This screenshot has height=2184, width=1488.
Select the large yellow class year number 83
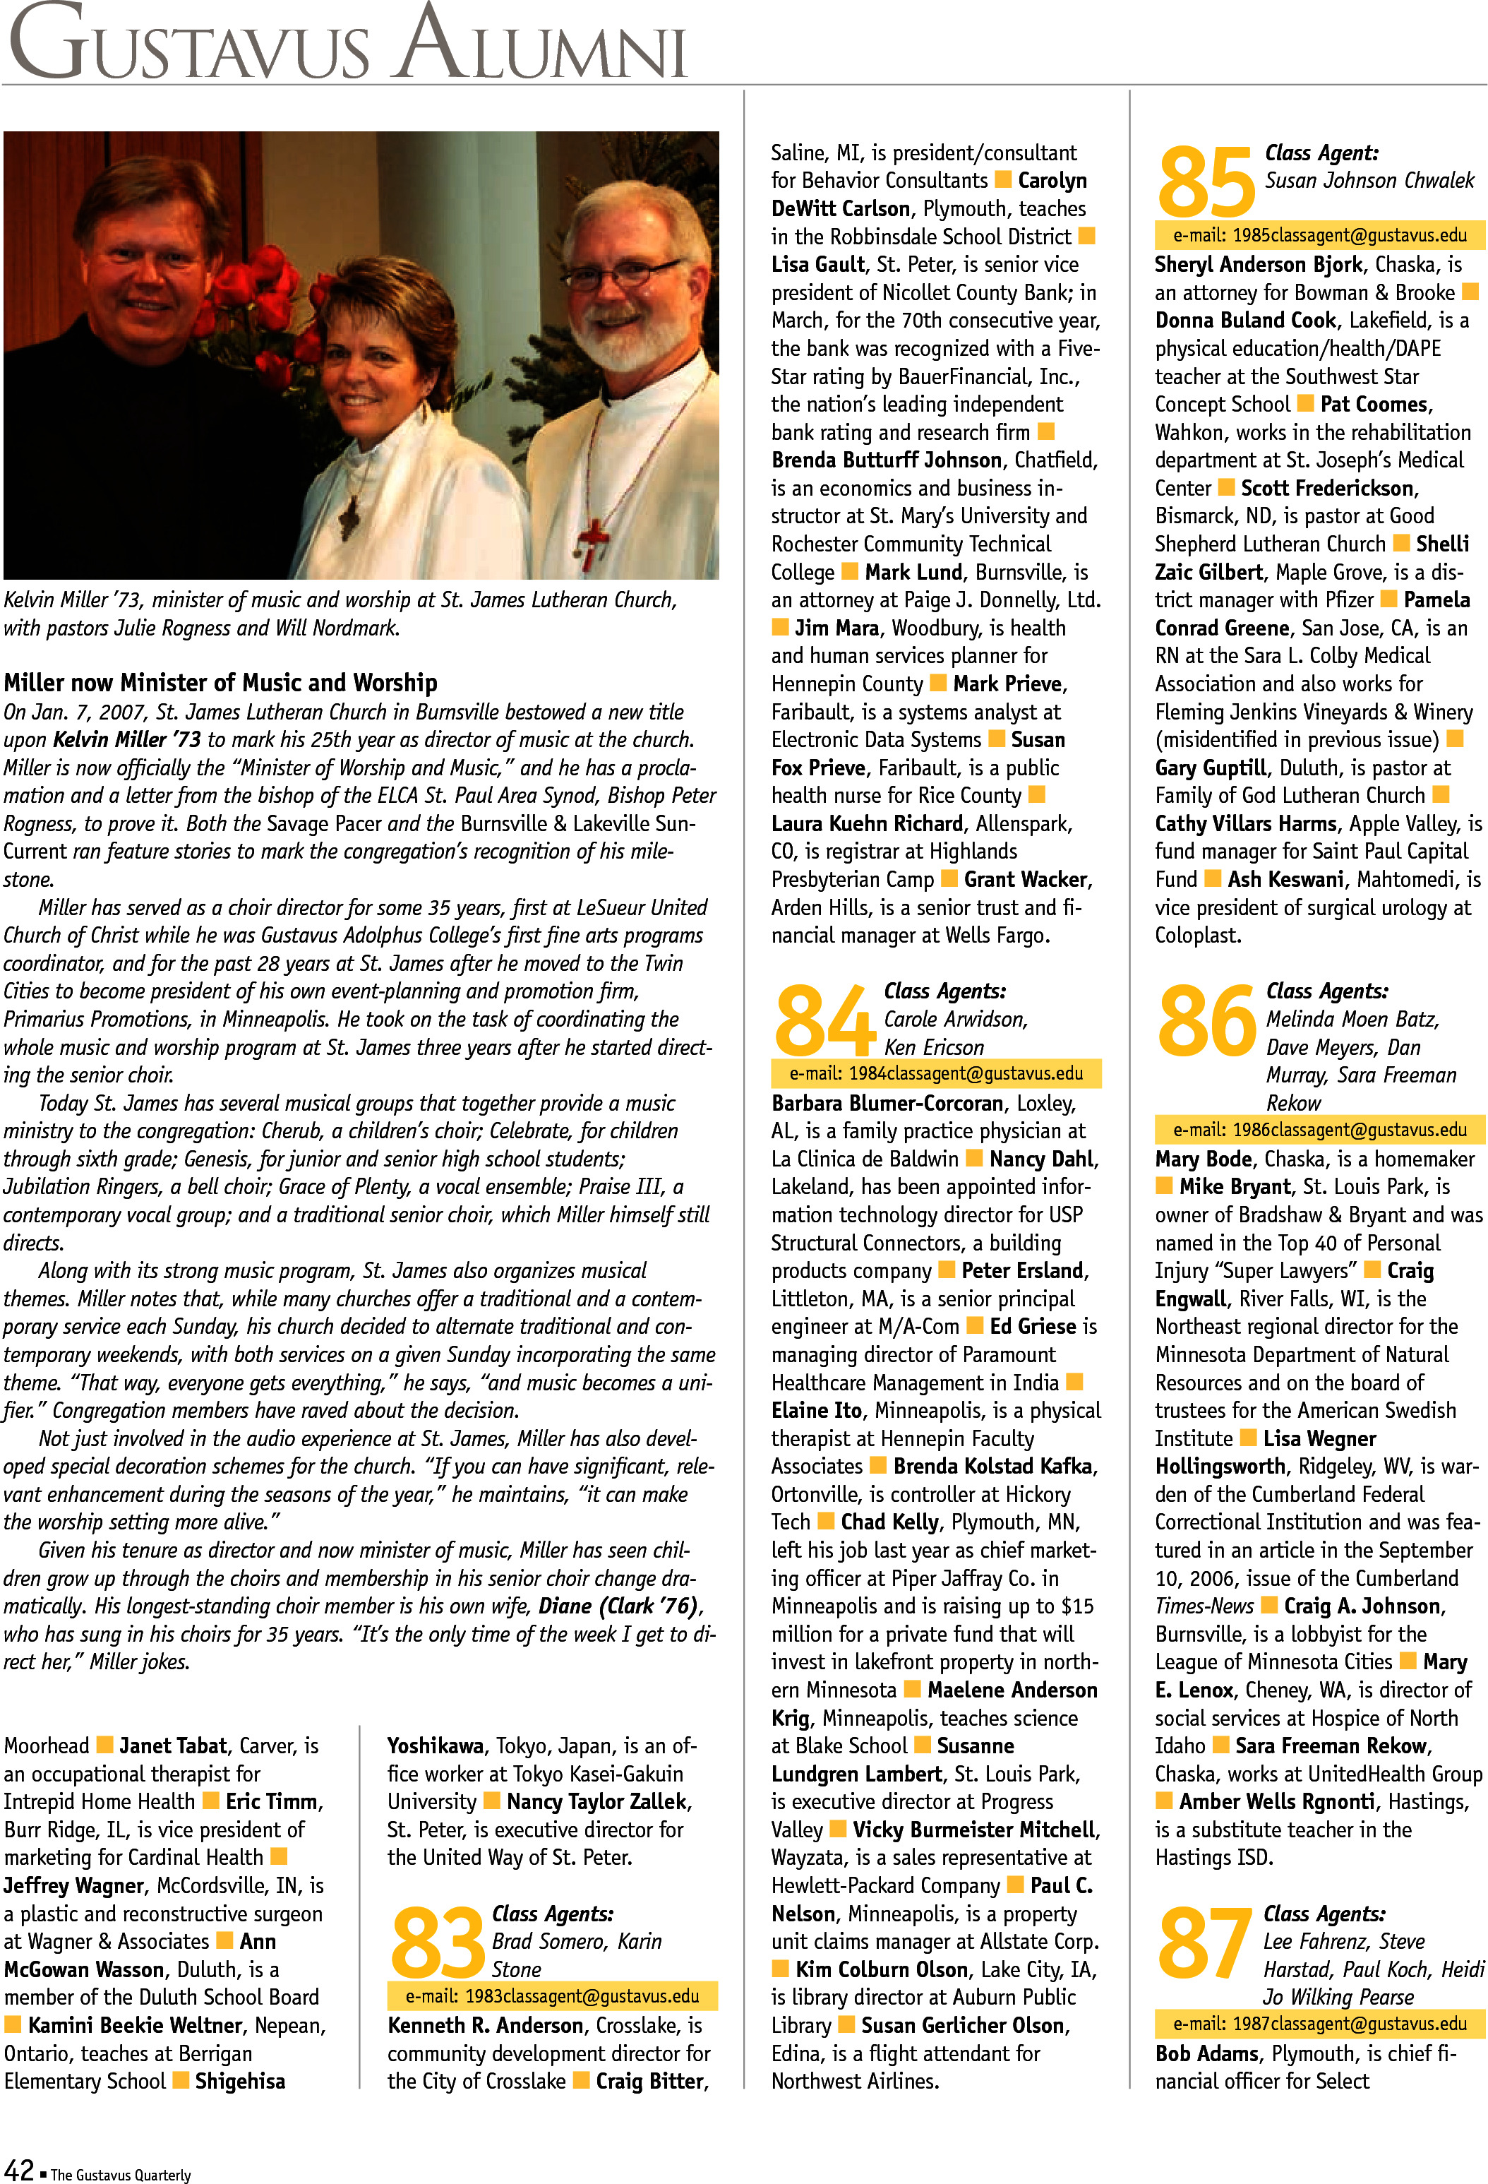tap(438, 1943)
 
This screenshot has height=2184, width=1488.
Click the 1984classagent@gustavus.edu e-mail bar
tap(935, 1073)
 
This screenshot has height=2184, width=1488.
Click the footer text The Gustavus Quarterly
tap(120, 2173)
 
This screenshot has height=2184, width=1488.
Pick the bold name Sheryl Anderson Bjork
tap(1258, 264)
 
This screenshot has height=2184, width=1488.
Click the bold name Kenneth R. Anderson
tap(486, 2025)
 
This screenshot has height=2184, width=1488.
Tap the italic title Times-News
tap(1204, 1606)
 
